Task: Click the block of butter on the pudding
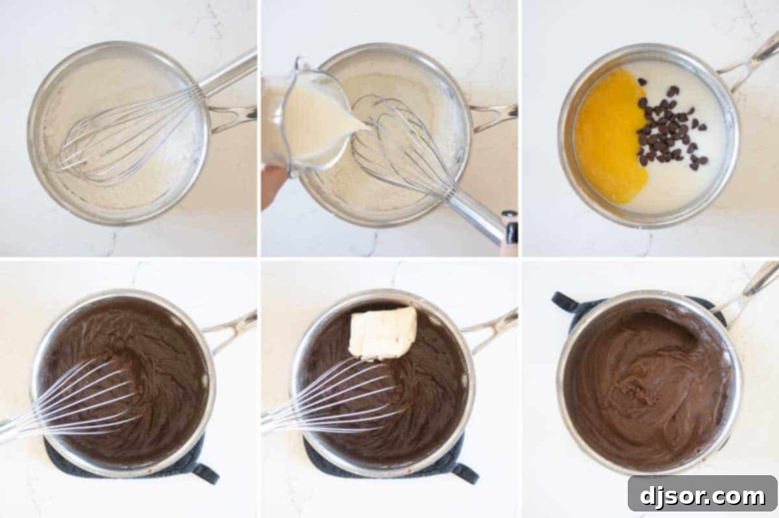coord(383,332)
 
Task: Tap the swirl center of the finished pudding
coord(639,389)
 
